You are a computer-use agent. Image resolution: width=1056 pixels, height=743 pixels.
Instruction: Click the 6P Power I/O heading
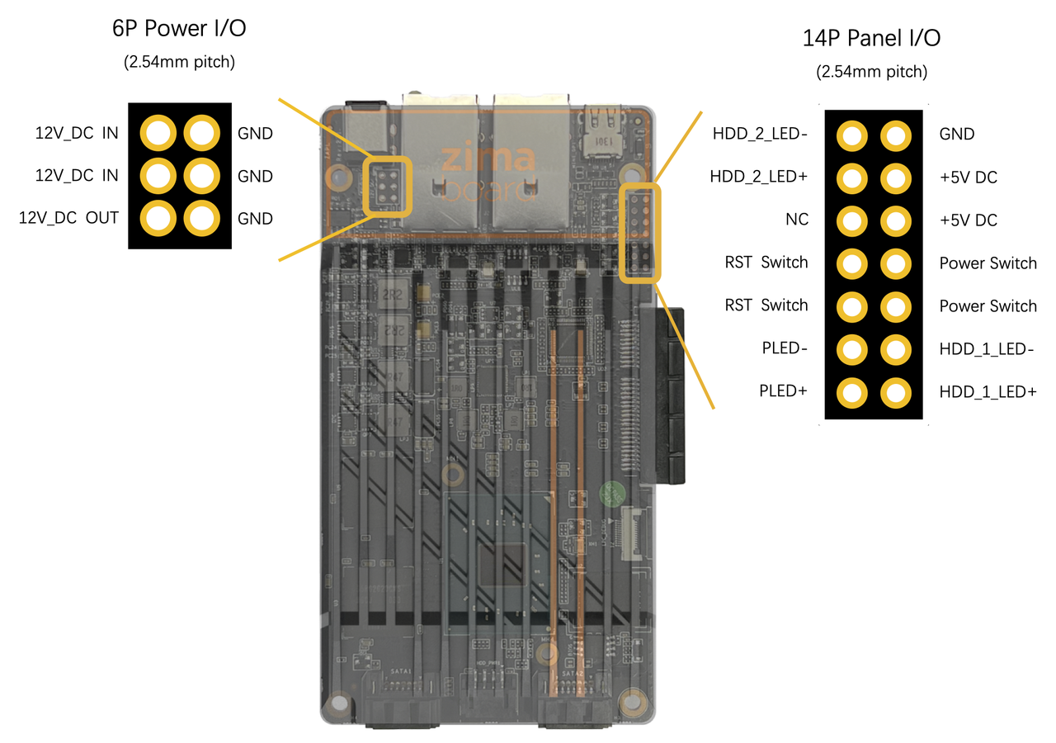tap(179, 29)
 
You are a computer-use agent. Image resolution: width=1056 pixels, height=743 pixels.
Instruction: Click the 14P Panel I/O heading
tap(871, 38)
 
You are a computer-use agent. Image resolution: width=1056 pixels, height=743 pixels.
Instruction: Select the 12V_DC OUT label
tap(68, 219)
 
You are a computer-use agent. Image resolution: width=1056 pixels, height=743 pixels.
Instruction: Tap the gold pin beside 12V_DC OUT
tap(158, 218)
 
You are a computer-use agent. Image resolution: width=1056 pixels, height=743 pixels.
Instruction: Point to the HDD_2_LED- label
tap(759, 134)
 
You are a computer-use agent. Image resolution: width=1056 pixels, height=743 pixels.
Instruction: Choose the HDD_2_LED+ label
tap(759, 177)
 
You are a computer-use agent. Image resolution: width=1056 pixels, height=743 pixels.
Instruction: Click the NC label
tap(797, 220)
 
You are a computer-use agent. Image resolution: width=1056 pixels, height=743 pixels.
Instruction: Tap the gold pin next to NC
tap(852, 220)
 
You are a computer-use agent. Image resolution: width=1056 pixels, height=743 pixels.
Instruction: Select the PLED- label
tap(784, 348)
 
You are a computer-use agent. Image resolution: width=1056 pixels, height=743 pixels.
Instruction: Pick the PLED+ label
tap(783, 391)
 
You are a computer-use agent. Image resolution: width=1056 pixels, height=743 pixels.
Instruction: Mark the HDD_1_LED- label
tap(988, 349)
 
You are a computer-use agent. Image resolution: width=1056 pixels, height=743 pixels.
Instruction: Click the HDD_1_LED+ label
tap(988, 392)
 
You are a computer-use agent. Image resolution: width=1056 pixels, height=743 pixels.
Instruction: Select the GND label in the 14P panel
tap(957, 135)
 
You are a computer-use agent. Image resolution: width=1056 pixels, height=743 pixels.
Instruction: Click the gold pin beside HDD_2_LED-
tap(852, 135)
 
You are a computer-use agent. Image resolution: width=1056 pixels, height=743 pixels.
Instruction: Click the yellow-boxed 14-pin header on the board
tap(640, 234)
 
